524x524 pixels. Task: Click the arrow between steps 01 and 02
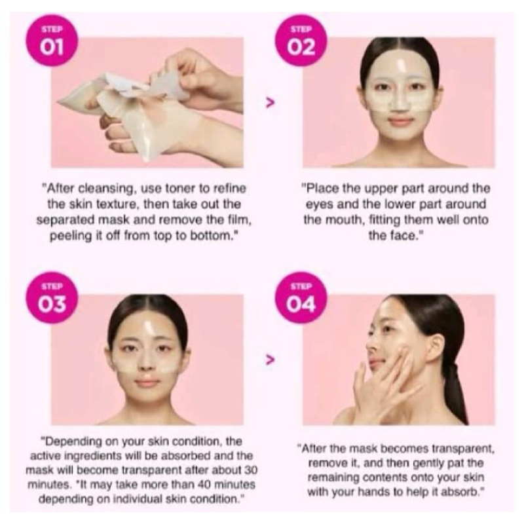tap(270, 102)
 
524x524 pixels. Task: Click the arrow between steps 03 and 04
tap(270, 359)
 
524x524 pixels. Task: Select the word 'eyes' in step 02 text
tap(320, 204)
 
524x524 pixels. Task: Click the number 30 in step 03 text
tap(250, 470)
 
